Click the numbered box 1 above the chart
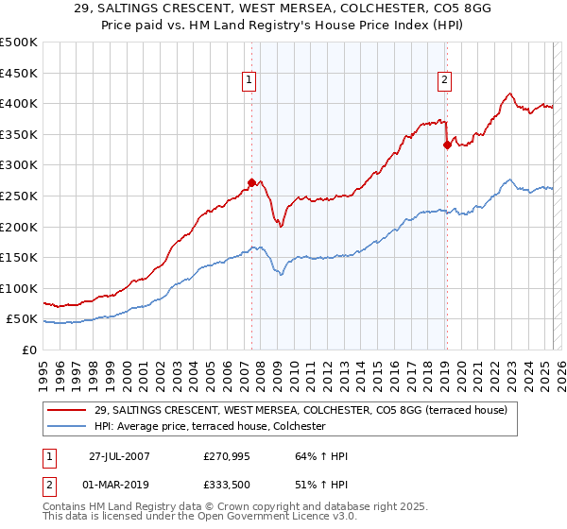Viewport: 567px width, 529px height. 248,81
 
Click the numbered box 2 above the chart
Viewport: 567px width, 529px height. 444,81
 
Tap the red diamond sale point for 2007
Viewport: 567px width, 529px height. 251,182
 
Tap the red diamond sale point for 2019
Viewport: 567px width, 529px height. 447,145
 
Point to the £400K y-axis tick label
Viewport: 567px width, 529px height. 19,103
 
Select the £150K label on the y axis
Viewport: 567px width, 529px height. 19,257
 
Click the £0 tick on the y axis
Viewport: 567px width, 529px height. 29,350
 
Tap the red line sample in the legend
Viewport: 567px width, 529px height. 69,410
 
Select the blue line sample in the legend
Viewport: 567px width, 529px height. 69,427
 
